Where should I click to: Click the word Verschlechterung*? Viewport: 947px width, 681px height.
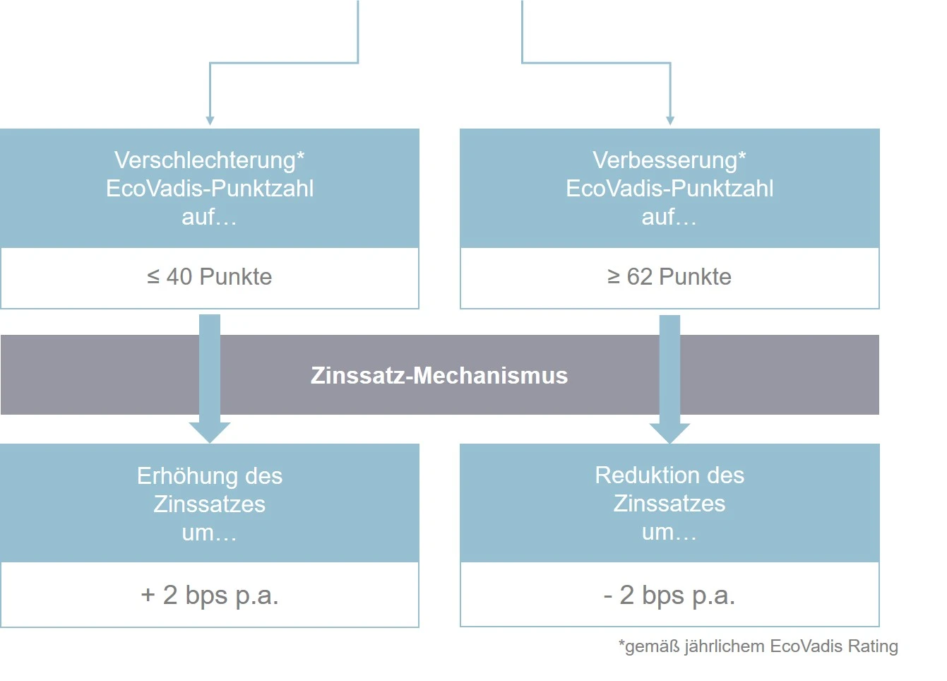coord(209,161)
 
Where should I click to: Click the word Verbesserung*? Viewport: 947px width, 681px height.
coord(669,161)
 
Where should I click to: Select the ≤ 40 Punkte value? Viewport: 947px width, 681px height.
coord(209,277)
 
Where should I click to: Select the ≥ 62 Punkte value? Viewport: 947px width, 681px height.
coord(669,277)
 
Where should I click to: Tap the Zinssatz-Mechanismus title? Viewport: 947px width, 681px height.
coord(439,375)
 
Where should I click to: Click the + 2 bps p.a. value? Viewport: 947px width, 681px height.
coord(209,596)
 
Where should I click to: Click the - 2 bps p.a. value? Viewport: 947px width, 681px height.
coord(669,596)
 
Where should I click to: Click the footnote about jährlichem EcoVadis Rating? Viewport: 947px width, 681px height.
coord(758,647)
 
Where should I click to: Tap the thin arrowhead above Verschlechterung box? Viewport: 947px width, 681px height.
coord(210,121)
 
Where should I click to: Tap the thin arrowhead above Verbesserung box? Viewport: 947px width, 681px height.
coord(670,121)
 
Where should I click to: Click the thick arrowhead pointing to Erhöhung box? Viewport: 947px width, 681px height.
coord(210,433)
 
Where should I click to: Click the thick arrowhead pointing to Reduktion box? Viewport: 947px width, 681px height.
coord(669,433)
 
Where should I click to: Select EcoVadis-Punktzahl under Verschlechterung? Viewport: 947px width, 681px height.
coord(210,189)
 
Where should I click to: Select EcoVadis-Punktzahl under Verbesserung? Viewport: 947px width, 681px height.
coord(669,189)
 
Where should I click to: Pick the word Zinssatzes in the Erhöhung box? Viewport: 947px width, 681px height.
coord(209,504)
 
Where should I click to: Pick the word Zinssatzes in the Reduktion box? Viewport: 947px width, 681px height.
coord(669,504)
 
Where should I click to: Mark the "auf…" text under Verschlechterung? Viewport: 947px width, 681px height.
coord(209,217)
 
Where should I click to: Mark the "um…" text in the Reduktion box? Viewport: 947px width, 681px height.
coord(669,532)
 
